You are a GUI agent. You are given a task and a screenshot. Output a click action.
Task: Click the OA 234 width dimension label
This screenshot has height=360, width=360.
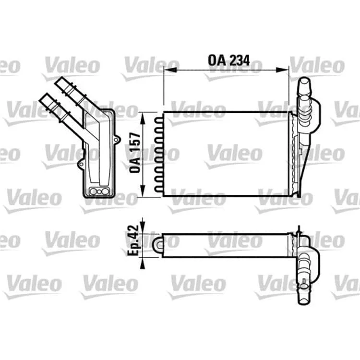click(x=228, y=60)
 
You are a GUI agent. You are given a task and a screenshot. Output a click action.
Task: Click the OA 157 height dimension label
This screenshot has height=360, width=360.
click(x=135, y=153)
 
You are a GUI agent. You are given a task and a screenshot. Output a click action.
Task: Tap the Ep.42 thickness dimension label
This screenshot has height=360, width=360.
click(x=133, y=240)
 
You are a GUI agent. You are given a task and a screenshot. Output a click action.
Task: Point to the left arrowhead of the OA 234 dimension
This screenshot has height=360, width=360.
click(x=170, y=70)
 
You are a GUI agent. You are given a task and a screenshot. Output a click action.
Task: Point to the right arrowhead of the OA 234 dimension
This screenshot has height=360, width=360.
click(x=282, y=70)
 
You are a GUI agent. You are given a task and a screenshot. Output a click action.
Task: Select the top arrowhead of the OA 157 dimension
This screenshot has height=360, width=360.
click(x=143, y=119)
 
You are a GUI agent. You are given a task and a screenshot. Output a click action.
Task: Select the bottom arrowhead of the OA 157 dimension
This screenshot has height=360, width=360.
click(x=143, y=191)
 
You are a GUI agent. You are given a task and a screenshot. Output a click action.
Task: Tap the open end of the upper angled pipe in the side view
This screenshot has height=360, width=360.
click(x=59, y=82)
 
